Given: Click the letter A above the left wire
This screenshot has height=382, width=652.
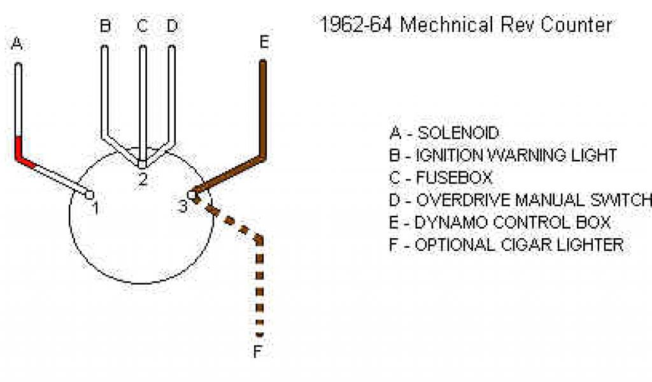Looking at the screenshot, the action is pos(17,44).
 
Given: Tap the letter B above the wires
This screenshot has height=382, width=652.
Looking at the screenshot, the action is pos(106,26).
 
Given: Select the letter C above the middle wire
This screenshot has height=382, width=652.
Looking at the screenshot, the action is pos(143,26).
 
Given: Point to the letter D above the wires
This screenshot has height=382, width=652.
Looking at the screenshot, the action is pos(172,26).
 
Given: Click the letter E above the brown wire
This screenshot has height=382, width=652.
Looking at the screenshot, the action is pos(264,43).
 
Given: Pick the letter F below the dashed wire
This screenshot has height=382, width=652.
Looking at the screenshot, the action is pos(258,352).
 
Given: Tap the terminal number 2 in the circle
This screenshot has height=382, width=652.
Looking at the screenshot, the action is pos(143,180).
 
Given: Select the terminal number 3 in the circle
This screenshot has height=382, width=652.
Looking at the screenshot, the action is pos(183,206).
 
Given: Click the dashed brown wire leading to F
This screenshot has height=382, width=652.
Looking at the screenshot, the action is pos(259,286).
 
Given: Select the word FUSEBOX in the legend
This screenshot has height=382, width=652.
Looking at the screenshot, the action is pos(455,178).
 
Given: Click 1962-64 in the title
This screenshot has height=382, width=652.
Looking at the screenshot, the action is pos(355,25).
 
